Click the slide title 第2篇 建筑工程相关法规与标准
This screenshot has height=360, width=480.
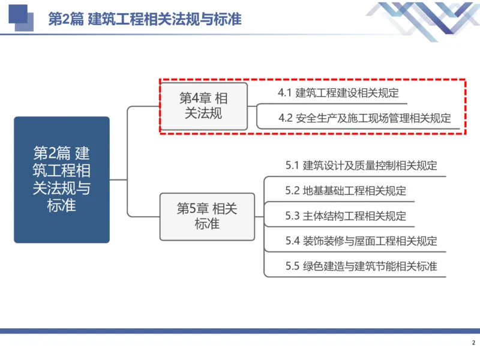point(144,19)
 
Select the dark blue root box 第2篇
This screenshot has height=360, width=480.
point(62,179)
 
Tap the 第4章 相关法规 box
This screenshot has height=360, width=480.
point(204,106)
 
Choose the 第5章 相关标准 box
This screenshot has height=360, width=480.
point(207,216)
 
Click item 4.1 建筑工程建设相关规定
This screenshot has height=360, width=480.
point(338,94)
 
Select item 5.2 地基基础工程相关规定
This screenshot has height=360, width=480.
point(346,191)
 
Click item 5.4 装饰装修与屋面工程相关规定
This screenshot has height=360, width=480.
point(361,241)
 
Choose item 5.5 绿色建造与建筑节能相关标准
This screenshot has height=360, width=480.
point(361,266)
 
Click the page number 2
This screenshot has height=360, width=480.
point(472,343)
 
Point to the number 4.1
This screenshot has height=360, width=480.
point(284,94)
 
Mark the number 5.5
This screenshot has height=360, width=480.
point(292,266)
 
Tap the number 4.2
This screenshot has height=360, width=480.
point(285,118)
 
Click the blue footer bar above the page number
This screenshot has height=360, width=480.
point(240,331)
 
